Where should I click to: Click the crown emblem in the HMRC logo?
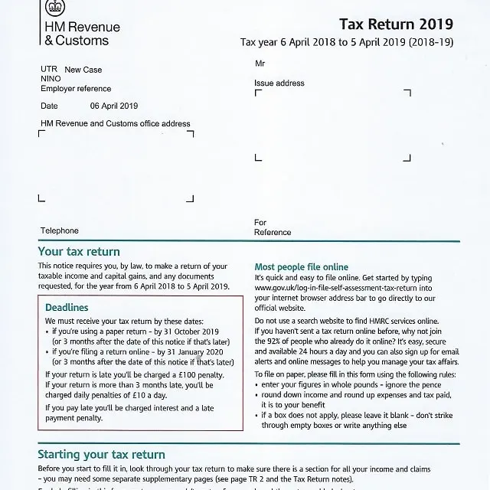(54, 7)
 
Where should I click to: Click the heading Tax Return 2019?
(396, 24)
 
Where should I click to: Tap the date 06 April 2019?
(113, 106)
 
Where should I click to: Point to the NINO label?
(51, 79)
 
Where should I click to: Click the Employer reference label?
(76, 89)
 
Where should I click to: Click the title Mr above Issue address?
(260, 64)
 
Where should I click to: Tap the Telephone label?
(60, 230)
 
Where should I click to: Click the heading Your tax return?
(79, 251)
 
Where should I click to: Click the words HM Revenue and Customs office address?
(116, 123)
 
